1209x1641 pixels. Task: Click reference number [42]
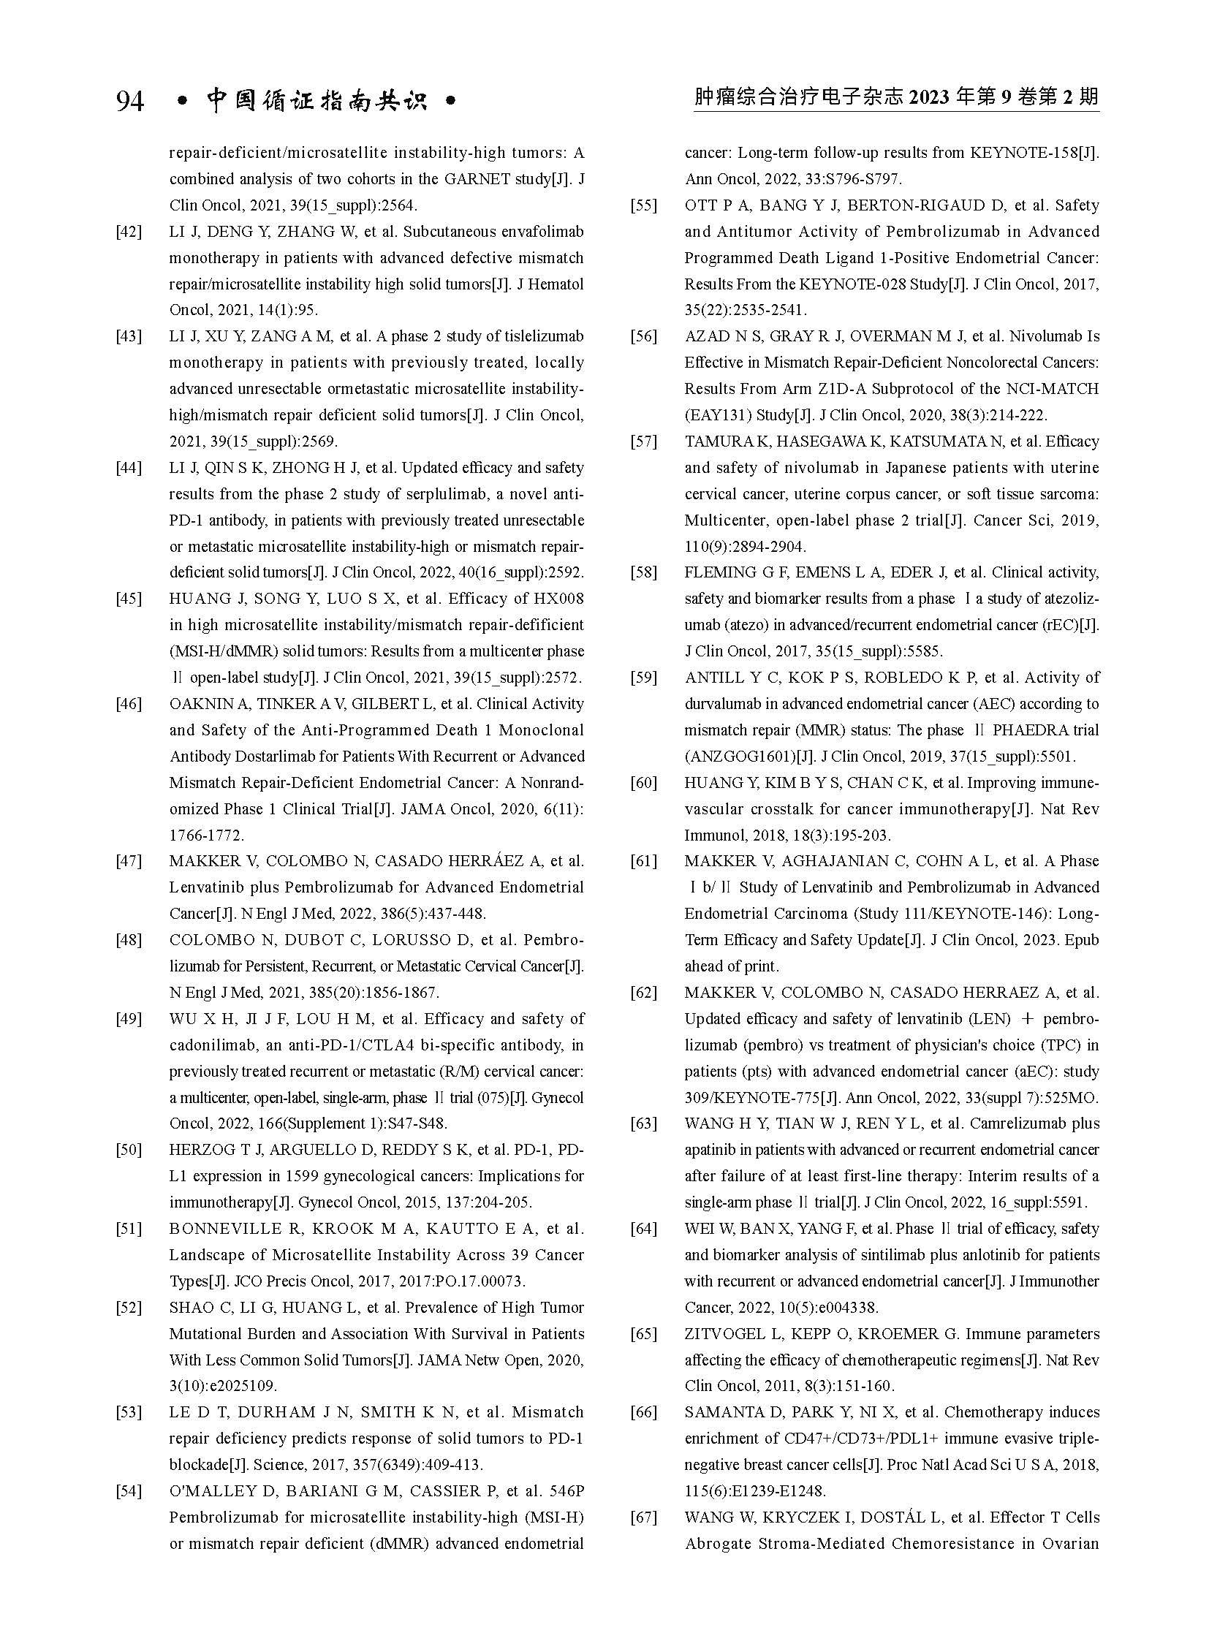point(129,232)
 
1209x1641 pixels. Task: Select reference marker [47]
point(129,862)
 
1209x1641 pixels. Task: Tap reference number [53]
point(129,1413)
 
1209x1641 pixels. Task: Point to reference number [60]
point(644,783)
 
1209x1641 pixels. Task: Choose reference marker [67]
point(644,1518)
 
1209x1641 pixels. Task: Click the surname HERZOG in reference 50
point(197,1150)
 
